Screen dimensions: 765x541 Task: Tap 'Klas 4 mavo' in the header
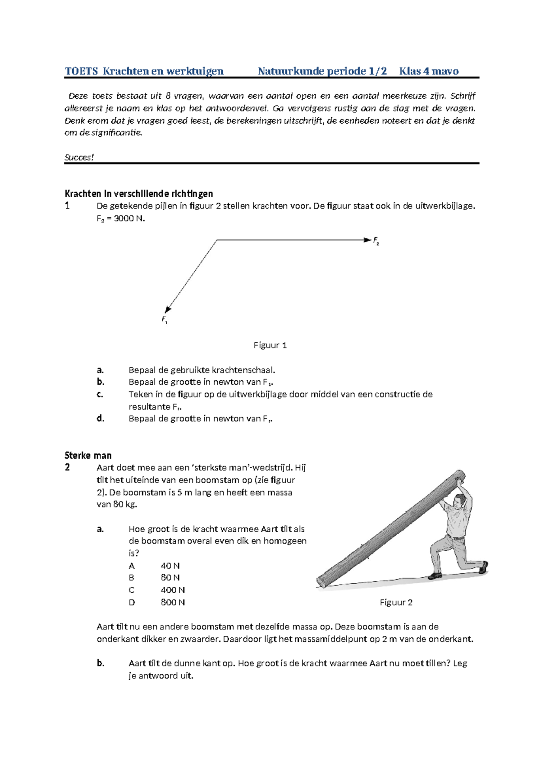428,71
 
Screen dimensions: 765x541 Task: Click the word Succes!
79,157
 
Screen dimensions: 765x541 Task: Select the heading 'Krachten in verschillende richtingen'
139,194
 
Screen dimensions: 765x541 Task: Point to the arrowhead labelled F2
367,240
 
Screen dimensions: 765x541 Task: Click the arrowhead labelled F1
168,309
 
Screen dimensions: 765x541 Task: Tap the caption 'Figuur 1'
270,346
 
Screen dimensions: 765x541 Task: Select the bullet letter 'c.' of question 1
100,394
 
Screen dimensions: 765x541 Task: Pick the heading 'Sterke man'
88,456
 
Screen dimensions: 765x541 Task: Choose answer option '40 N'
170,566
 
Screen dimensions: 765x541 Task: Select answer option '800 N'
173,603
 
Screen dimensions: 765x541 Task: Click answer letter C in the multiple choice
132,590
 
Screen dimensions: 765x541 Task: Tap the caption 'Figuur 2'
396,603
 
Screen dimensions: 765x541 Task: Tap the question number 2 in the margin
67,468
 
